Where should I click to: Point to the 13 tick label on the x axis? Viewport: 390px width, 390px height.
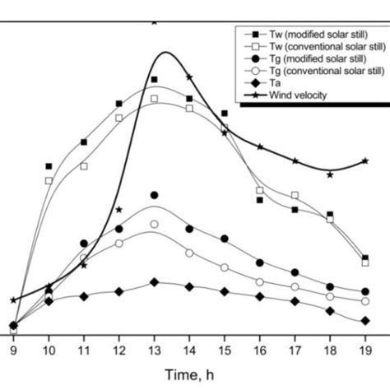(x=154, y=350)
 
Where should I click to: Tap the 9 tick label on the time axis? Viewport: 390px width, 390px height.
(x=13, y=350)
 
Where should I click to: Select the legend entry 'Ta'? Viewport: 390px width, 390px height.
(x=276, y=83)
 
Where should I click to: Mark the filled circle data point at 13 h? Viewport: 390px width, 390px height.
(x=154, y=196)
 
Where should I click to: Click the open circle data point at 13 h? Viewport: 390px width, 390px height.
(x=154, y=224)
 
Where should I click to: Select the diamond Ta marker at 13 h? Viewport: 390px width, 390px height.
(x=154, y=282)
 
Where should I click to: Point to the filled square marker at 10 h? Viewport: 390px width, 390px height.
(x=49, y=166)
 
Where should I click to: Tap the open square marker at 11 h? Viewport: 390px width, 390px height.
(x=84, y=166)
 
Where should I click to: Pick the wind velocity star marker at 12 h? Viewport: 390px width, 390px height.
(x=119, y=210)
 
